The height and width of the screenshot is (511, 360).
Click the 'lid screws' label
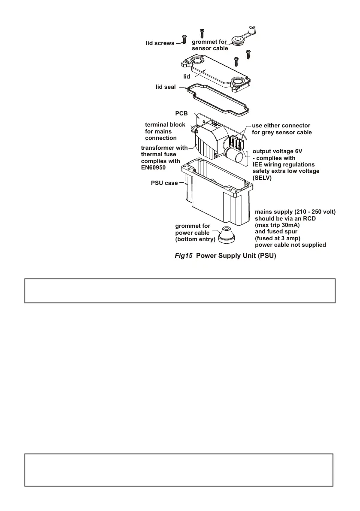(160, 43)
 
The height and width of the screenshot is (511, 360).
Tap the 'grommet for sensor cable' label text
(210, 45)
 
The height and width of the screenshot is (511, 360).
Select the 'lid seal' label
(165, 87)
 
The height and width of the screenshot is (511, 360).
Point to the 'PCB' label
(182, 114)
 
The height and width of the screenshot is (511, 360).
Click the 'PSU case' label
(164, 183)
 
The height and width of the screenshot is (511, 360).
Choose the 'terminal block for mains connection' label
(165, 131)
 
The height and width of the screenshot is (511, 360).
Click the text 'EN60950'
(154, 168)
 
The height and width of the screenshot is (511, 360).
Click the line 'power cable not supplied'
(290, 245)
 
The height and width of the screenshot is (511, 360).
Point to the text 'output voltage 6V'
(278, 151)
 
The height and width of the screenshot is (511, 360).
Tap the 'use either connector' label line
(281, 126)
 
